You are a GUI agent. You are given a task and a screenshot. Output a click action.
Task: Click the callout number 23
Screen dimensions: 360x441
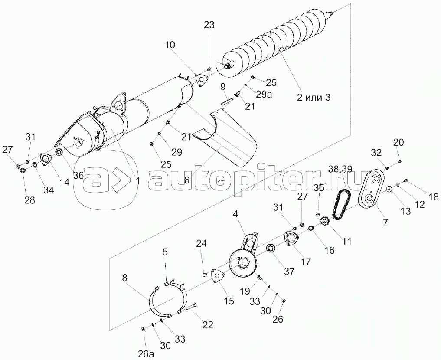click(209, 25)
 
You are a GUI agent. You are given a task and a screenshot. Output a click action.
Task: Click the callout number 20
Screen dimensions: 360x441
click(399, 142)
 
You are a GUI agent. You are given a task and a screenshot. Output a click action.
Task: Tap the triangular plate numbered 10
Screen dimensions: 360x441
click(200, 80)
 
